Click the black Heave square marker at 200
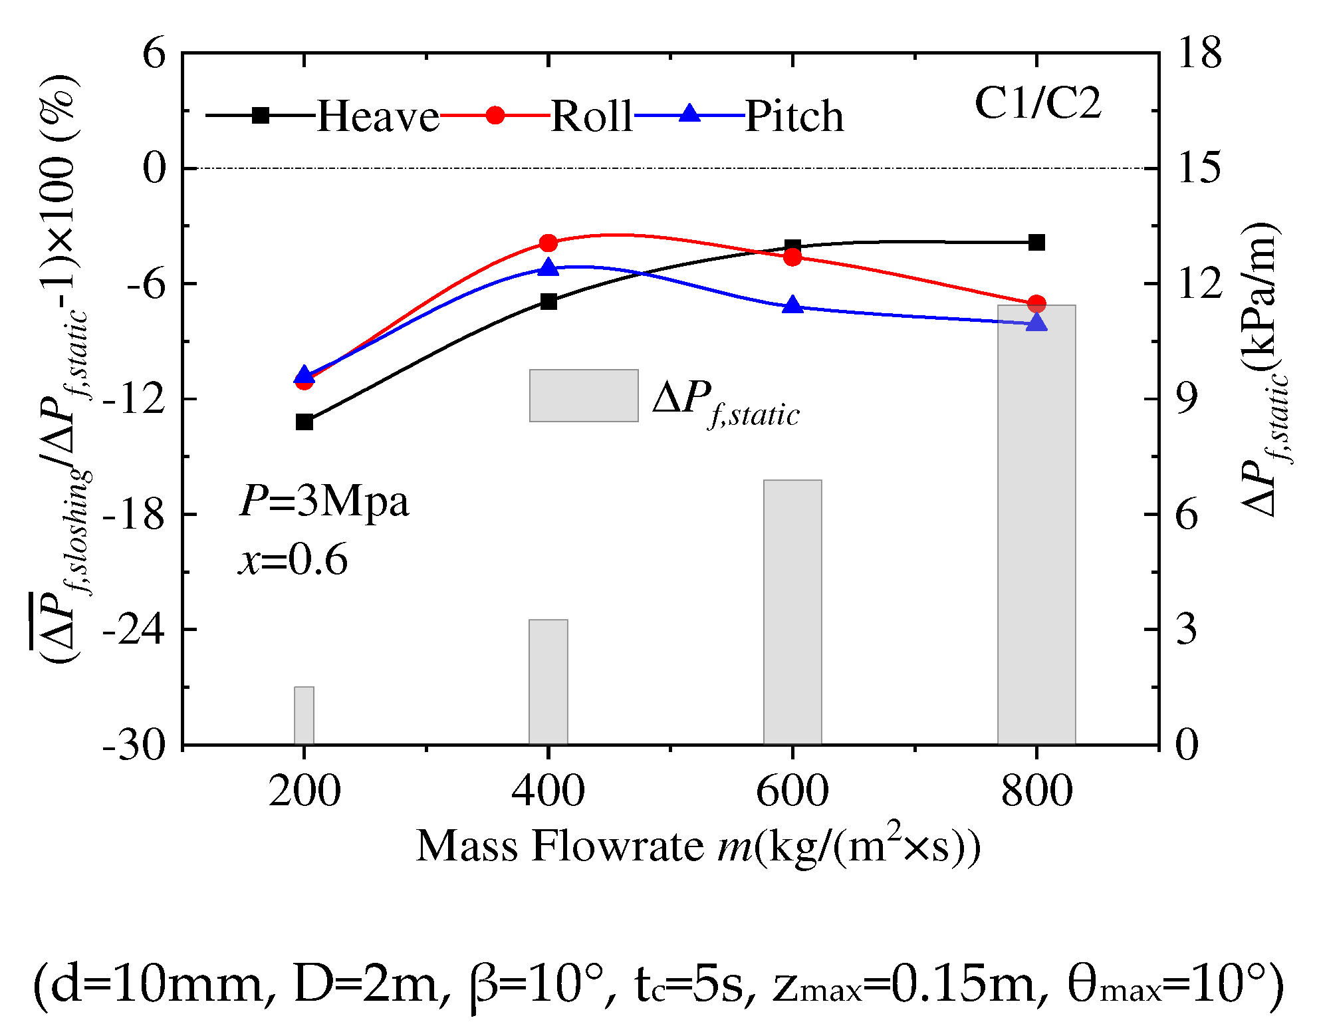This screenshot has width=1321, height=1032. point(304,422)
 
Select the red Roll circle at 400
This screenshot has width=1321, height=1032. point(548,243)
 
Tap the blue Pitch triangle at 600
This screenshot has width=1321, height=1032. point(792,306)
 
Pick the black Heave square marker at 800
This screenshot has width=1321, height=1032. point(1036,243)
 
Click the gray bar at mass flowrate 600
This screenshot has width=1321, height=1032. point(792,612)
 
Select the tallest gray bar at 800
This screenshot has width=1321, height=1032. point(1036,525)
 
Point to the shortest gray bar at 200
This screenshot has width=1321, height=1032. point(304,715)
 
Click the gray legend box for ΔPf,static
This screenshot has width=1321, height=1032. point(584,396)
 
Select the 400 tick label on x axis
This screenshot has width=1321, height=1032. point(548,792)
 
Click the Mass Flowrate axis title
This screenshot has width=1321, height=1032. point(698,846)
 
